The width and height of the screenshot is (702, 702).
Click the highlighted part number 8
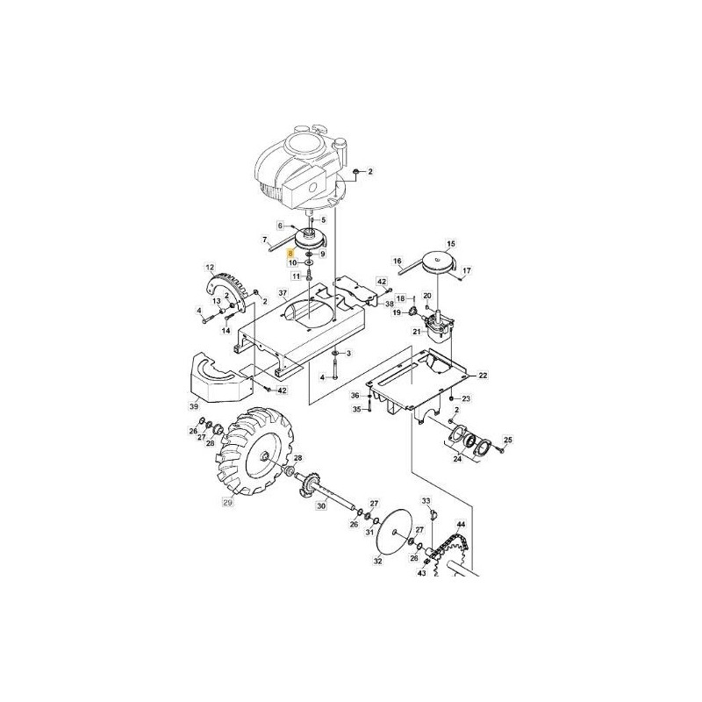(292, 252)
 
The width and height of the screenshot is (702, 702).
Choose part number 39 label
(193, 406)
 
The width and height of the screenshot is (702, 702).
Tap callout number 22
(483, 375)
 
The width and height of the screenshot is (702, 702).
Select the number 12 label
(210, 267)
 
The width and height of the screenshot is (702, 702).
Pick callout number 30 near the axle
(321, 505)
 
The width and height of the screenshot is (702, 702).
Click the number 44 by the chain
(462, 525)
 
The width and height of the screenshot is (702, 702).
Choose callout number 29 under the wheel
(227, 504)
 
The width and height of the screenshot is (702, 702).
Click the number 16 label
(397, 261)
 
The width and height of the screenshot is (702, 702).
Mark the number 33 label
(427, 500)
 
